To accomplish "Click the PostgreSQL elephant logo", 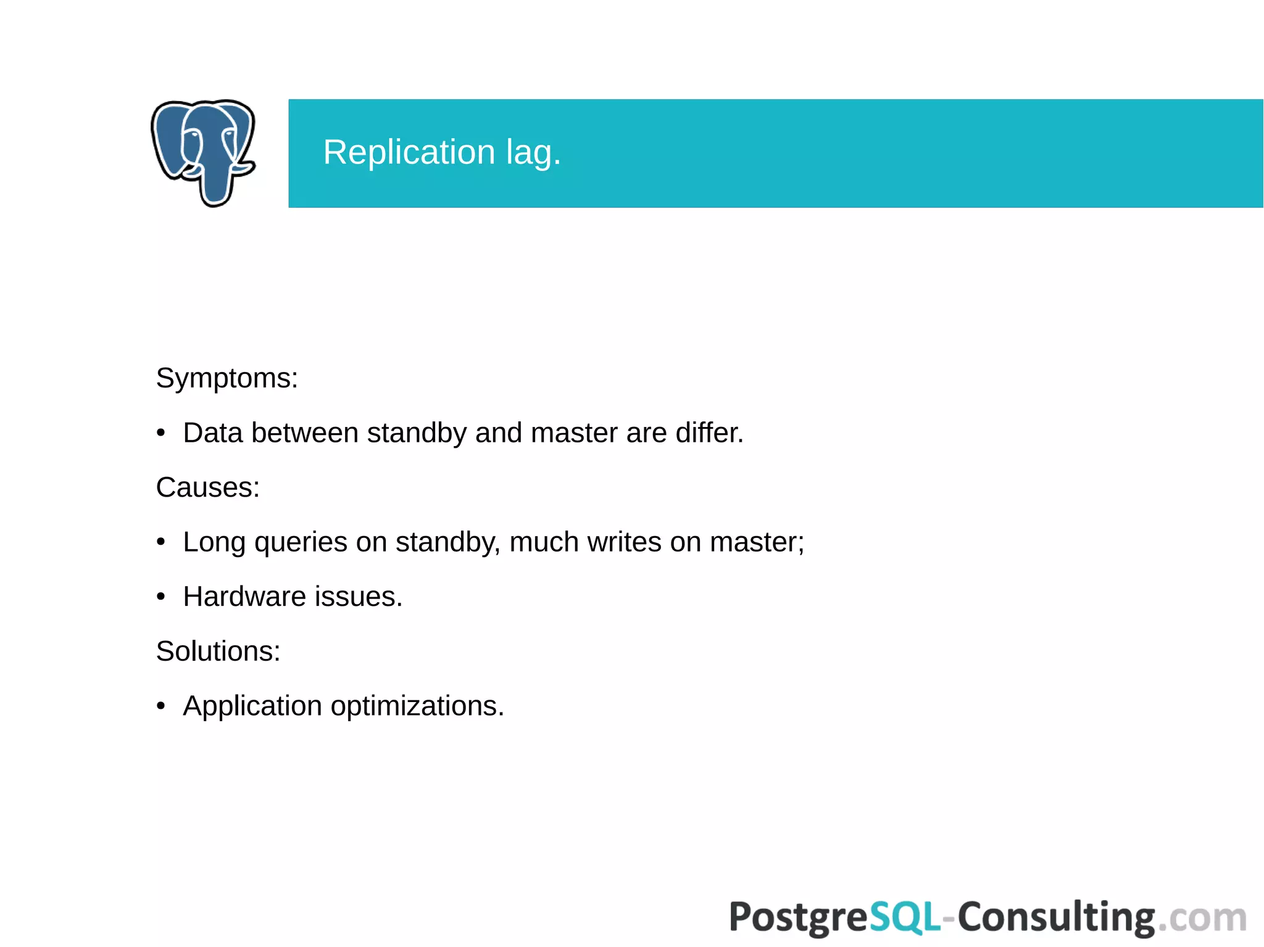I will pos(203,152).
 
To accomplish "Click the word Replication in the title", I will pos(409,152).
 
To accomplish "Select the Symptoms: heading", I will pos(227,378).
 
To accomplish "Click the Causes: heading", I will pos(207,487).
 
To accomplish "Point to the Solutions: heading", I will pos(218,651).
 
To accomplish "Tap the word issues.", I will pos(359,597).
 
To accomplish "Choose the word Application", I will pos(252,706).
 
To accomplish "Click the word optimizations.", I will pos(417,706).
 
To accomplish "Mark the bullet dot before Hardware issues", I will pos(161,597).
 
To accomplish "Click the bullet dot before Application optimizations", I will pos(161,706).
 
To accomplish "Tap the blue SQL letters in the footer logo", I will pos(905,917).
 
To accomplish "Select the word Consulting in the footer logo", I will pos(1055,917).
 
